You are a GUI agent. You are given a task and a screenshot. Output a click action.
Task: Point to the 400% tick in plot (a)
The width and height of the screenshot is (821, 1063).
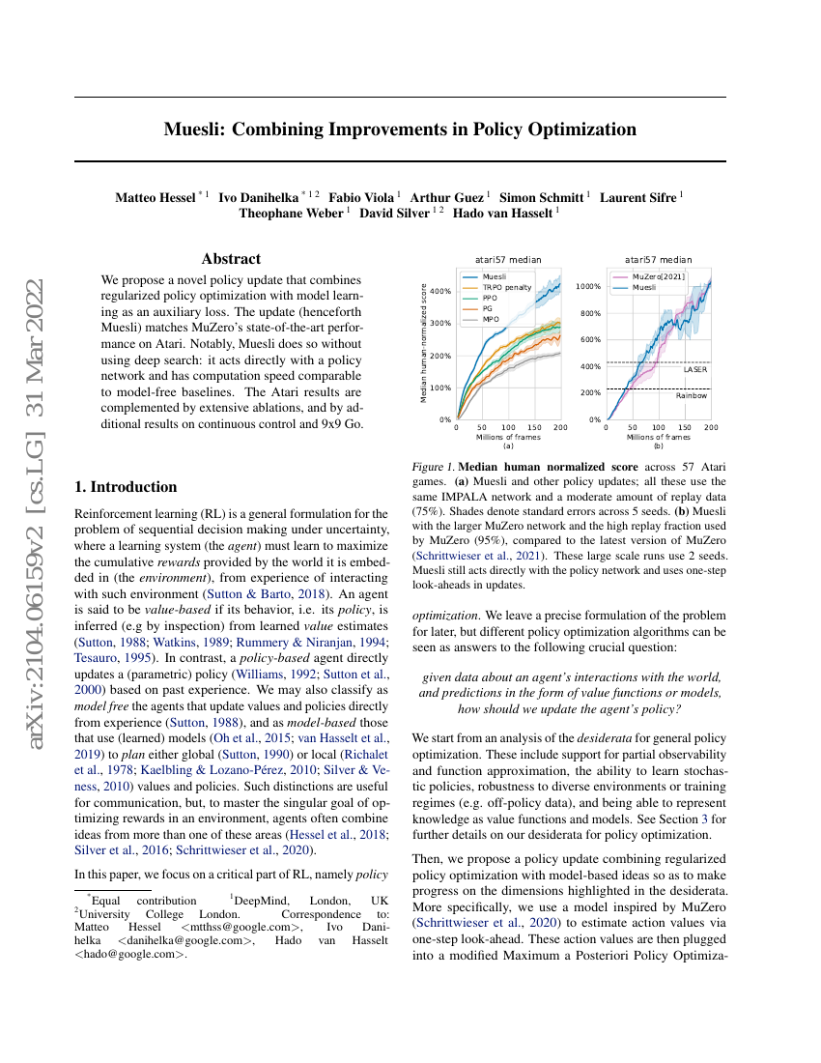(440, 291)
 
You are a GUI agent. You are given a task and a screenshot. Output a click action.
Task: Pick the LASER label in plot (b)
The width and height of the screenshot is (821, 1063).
(694, 369)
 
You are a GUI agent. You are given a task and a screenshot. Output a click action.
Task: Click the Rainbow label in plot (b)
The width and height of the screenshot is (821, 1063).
(692, 395)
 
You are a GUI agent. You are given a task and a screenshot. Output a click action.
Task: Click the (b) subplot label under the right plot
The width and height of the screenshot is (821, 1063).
(658, 447)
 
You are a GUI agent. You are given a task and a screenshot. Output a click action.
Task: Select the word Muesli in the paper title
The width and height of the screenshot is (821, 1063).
(195, 129)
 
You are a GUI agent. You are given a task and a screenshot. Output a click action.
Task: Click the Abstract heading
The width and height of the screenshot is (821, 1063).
(231, 259)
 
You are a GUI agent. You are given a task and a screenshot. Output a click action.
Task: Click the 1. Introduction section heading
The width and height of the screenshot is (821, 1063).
(126, 487)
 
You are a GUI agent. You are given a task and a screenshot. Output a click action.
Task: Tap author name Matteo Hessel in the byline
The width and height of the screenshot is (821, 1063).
(155, 198)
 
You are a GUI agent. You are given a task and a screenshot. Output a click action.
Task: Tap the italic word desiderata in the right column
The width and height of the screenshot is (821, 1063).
(606, 737)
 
